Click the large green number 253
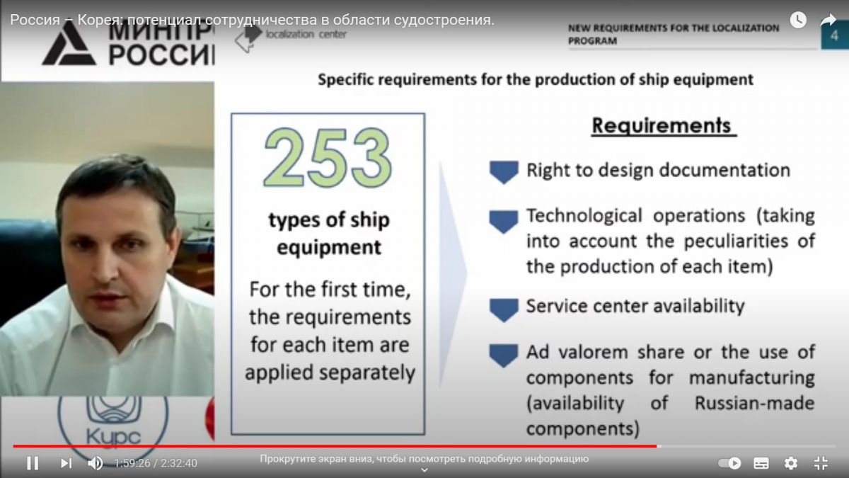(328, 157)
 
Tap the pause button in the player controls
(33, 463)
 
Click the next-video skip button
(67, 463)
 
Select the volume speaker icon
(95, 463)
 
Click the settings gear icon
(791, 463)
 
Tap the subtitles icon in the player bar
(761, 463)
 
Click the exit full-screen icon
(821, 463)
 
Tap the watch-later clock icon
(798, 20)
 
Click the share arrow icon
(828, 20)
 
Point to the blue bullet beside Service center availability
(504, 310)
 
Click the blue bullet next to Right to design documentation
(504, 172)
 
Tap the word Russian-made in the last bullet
(754, 403)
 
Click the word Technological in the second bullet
(584, 216)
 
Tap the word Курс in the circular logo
(113, 436)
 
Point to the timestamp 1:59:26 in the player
(132, 463)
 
